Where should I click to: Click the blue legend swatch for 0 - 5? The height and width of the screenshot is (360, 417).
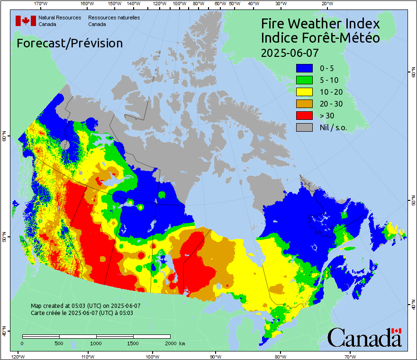(304, 68)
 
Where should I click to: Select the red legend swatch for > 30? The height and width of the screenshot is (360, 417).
(304, 116)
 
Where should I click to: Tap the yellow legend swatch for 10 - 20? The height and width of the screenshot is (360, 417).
(304, 92)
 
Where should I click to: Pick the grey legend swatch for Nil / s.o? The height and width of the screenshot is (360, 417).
(304, 127)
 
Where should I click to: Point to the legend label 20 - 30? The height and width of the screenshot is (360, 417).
(331, 104)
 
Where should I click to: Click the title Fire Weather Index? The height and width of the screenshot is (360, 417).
(320, 24)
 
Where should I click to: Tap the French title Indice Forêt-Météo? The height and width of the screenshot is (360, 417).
(320, 38)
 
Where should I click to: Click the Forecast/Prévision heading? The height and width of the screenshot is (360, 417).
(70, 43)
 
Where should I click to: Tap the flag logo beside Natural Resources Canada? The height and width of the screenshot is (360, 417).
(26, 20)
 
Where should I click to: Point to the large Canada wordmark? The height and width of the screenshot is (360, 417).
(364, 338)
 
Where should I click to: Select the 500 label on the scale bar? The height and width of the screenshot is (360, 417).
(59, 343)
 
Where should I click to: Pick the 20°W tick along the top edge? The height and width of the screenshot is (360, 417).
(326, 4)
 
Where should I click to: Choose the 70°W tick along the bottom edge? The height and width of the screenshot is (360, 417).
(350, 356)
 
